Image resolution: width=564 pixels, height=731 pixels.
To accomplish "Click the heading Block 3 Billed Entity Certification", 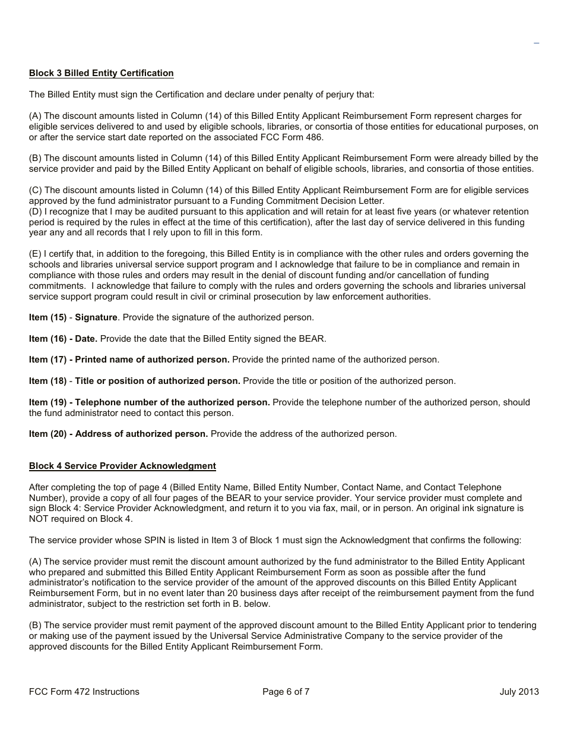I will (101, 73).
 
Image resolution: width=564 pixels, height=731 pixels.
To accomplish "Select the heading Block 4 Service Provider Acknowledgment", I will (122, 466).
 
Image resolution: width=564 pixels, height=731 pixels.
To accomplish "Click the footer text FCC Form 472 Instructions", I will (84, 691).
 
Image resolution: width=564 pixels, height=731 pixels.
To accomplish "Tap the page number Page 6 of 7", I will (286, 691).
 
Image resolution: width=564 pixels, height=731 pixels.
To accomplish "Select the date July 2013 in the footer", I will (519, 691).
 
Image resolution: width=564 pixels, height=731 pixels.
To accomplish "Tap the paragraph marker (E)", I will (35, 254).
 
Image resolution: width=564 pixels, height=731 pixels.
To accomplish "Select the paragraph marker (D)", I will (35, 212).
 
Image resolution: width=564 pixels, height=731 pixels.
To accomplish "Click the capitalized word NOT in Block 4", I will (40, 519).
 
